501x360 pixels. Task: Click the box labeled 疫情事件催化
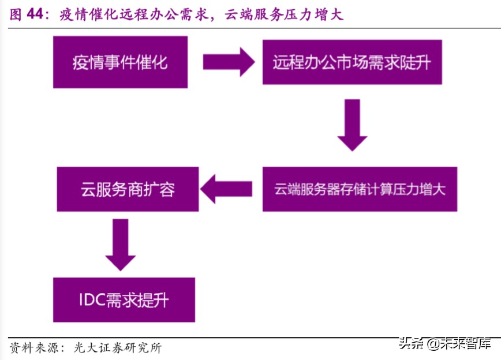click(x=120, y=62)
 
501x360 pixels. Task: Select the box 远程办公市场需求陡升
click(x=352, y=62)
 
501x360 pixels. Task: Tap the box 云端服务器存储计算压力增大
click(x=360, y=189)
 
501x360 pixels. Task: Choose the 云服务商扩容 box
click(x=128, y=189)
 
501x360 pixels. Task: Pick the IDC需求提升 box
click(x=124, y=300)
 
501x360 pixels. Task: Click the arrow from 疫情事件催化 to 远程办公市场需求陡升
click(x=229, y=62)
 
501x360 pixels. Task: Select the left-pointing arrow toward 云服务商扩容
click(x=226, y=189)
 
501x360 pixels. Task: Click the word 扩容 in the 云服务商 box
click(x=159, y=189)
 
